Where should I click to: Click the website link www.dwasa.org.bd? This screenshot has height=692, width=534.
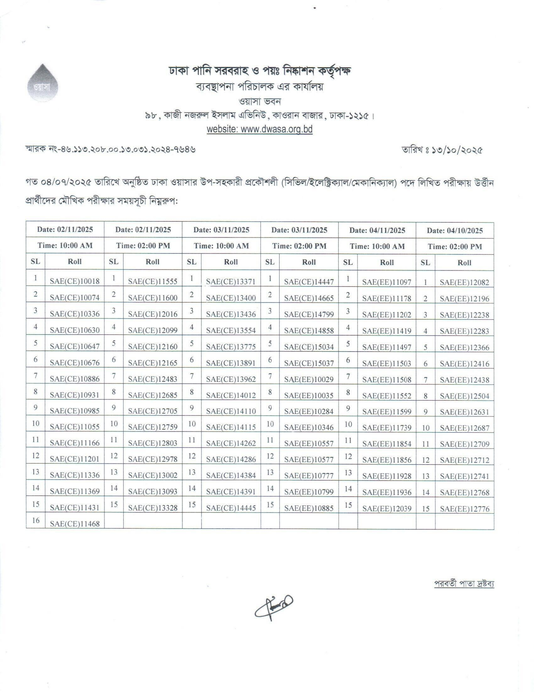[x=259, y=129]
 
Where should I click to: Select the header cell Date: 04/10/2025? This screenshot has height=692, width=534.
[x=455, y=230]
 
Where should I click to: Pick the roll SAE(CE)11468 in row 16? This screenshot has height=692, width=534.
[x=75, y=524]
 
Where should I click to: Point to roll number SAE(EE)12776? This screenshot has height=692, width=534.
[x=464, y=509]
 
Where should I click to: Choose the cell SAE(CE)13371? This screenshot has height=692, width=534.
[x=231, y=281]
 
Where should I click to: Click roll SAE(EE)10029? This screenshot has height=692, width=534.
[x=309, y=379]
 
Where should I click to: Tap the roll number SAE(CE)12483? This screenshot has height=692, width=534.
[x=153, y=379]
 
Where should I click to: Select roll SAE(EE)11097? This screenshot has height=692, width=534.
[x=387, y=282]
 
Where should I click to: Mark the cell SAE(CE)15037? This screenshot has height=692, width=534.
[x=309, y=363]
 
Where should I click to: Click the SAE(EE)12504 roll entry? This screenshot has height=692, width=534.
[x=464, y=396]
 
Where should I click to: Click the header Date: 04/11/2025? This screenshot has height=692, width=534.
[x=377, y=230]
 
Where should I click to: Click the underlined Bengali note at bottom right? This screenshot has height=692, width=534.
[x=464, y=583]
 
